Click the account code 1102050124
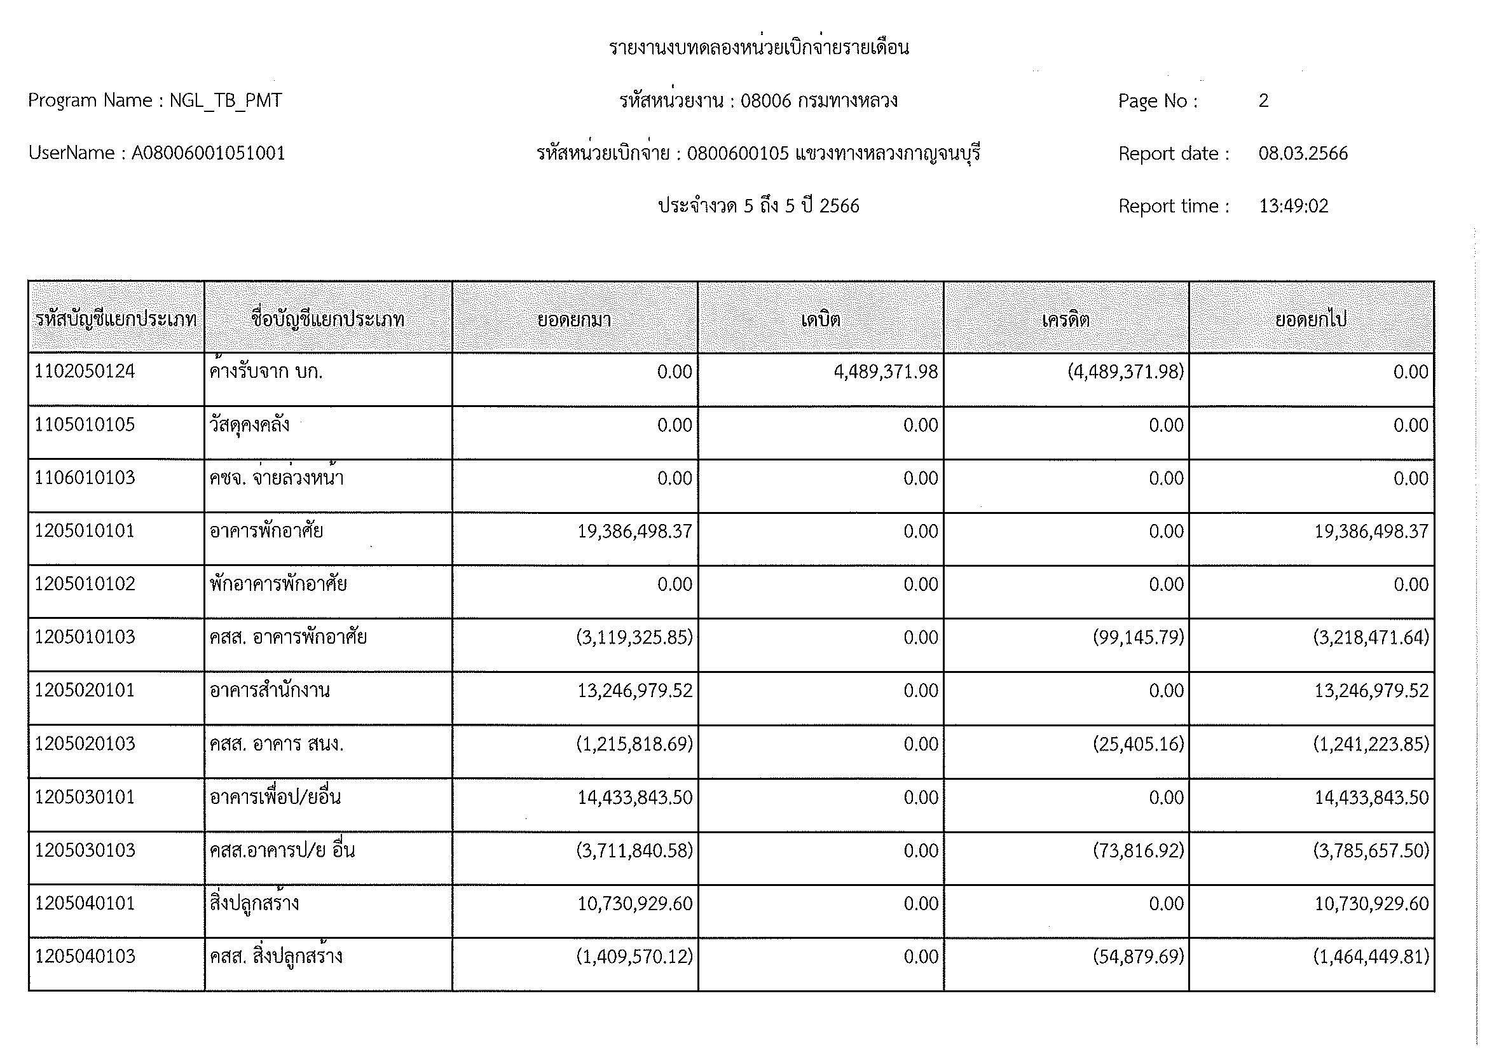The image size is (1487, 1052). click(x=85, y=371)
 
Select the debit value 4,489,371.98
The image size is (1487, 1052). click(x=886, y=372)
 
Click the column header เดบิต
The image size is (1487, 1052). click(x=821, y=319)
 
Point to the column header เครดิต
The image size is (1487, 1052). click(x=1066, y=319)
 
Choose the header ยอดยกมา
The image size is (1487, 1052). click(x=575, y=319)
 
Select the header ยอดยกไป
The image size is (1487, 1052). click(x=1311, y=319)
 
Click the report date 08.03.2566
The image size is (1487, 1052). click(x=1303, y=153)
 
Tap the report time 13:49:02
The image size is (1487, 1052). click(x=1293, y=206)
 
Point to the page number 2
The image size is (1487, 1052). click(x=1264, y=100)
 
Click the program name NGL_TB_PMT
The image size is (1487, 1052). click(x=226, y=100)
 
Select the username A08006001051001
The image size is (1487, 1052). click(x=209, y=153)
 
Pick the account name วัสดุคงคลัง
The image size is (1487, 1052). click(x=249, y=426)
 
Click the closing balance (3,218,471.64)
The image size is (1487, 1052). click(x=1371, y=637)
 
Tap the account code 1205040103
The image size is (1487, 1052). click(x=85, y=956)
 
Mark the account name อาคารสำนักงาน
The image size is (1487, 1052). click(x=270, y=691)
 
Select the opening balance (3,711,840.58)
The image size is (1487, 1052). click(x=634, y=850)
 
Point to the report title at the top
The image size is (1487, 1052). click(x=759, y=47)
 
